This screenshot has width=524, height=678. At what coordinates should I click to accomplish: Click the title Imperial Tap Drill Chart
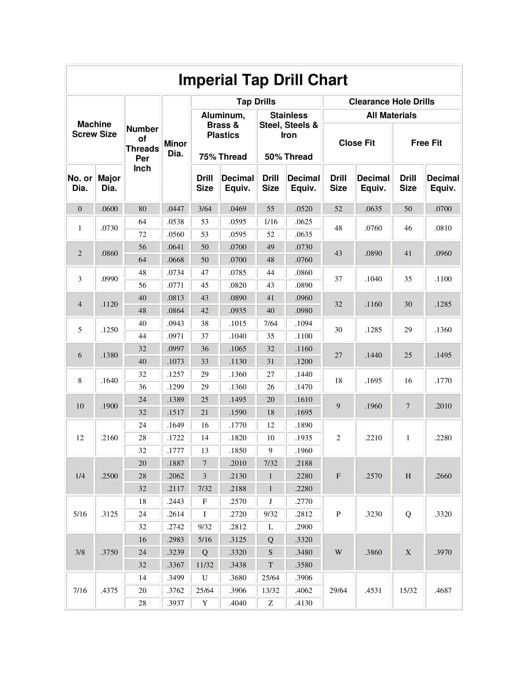point(263,80)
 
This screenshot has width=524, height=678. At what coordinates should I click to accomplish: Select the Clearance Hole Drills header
point(391,101)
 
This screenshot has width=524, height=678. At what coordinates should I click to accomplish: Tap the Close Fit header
point(357,143)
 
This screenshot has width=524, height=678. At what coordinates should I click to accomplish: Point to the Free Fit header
point(426,143)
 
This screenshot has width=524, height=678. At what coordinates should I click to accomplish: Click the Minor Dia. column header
point(175,149)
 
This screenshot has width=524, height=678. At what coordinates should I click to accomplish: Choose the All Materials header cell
point(391,115)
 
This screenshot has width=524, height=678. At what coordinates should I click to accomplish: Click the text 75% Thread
point(223,157)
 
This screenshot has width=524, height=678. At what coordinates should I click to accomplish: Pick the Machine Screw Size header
point(94,129)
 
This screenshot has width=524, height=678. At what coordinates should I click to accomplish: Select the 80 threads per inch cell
point(142,209)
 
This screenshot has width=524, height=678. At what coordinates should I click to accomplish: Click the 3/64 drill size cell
point(205,209)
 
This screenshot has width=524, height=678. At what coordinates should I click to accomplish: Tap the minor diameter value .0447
point(175,209)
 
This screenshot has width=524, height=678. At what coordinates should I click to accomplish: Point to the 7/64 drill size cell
point(270,324)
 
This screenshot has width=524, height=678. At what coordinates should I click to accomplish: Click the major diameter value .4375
point(109,590)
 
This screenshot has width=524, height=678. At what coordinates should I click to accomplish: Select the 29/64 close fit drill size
point(338,590)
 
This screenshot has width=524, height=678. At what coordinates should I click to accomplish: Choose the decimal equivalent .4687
point(443,590)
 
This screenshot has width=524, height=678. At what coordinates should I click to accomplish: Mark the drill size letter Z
point(270,603)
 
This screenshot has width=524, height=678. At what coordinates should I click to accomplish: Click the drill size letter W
point(338,552)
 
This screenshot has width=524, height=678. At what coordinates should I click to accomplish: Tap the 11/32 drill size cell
point(205,565)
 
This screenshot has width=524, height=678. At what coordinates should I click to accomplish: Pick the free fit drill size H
point(408,476)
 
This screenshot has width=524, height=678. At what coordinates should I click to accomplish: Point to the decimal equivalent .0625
point(304,222)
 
